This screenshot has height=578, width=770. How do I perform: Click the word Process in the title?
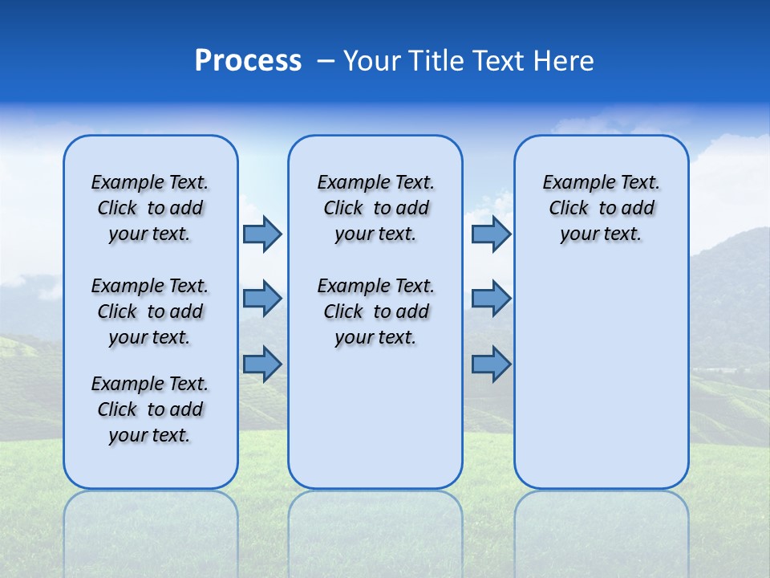click(248, 61)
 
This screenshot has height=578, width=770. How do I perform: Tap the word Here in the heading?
click(565, 61)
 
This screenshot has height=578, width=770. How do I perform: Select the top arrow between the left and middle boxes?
click(262, 234)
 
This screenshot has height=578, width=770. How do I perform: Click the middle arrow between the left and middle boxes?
click(262, 299)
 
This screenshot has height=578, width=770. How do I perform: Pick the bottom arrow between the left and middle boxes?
click(262, 364)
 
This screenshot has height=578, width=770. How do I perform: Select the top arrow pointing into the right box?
click(491, 234)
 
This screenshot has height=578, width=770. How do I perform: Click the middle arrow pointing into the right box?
click(491, 299)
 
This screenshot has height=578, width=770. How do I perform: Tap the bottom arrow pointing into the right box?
click(491, 364)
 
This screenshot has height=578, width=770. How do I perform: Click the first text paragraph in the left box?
click(150, 208)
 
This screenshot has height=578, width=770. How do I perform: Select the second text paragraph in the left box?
click(150, 311)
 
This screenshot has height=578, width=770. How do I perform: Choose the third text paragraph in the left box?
click(150, 409)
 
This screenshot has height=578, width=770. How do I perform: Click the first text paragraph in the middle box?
click(375, 208)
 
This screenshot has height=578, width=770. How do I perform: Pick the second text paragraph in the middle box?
click(375, 311)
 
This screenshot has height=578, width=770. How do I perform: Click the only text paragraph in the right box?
click(601, 208)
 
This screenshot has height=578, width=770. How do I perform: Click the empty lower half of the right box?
click(601, 385)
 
